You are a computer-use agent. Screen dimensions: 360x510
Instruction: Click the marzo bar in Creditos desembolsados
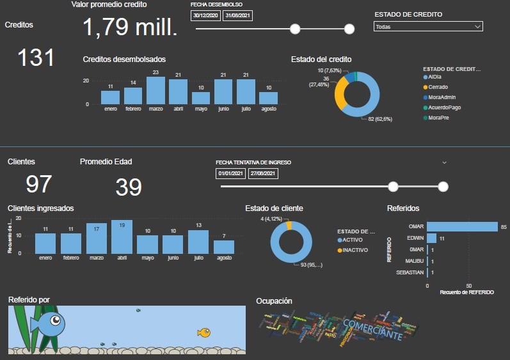[x=155, y=91]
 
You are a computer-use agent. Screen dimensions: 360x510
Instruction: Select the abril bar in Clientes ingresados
[x=122, y=237]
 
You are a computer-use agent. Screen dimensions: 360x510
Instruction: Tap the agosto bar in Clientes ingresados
[x=224, y=247]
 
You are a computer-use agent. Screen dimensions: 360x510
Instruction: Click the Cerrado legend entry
[x=438, y=87]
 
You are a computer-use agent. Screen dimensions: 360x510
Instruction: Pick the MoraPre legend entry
[x=438, y=118]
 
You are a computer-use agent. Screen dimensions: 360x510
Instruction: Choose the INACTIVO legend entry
[x=355, y=250]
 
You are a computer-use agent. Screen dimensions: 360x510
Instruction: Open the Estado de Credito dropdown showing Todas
[x=427, y=27]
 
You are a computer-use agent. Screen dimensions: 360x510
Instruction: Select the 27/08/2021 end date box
[x=262, y=173]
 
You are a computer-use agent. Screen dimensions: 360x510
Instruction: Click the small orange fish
[x=204, y=332]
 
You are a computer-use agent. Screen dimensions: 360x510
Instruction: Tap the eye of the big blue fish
[x=56, y=320]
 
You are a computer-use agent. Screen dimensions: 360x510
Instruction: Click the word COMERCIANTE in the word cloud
[x=373, y=329]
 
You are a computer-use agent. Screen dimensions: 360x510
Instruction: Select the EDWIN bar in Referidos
[x=431, y=238]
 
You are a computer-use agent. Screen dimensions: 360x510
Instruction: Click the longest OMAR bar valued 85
[x=462, y=226]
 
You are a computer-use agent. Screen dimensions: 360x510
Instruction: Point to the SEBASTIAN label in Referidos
[x=409, y=272]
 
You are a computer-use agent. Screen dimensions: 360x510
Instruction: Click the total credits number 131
[x=36, y=58]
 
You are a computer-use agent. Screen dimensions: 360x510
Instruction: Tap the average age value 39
[x=129, y=187]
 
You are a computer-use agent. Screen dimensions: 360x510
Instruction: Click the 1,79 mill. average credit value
[x=130, y=27]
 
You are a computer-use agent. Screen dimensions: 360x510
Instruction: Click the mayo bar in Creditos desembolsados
[x=201, y=98]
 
